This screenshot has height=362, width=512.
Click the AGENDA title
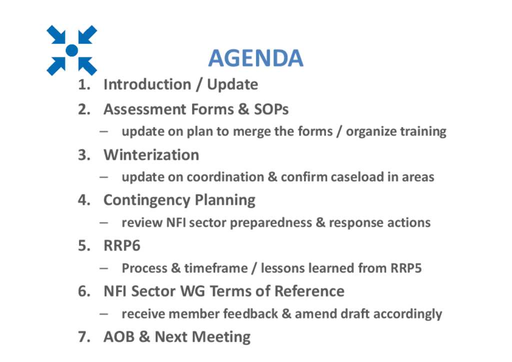tap(255, 58)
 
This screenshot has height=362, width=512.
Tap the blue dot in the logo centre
tap(72, 50)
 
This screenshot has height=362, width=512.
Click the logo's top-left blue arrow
tap(57, 34)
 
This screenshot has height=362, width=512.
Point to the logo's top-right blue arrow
tap(87, 34)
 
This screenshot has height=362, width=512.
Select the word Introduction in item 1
tap(147, 84)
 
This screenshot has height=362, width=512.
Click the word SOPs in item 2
tap(271, 109)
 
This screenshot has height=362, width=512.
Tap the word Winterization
tap(151, 154)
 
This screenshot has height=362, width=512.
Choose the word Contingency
tap(146, 200)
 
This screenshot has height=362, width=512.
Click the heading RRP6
tap(122, 246)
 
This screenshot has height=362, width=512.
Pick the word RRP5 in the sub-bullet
tap(406, 268)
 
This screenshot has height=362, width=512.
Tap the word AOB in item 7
tap(119, 337)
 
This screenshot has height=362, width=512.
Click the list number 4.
tap(84, 200)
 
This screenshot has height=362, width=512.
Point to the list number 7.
tap(84, 337)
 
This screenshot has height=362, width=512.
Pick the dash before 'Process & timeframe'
tap(104, 268)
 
